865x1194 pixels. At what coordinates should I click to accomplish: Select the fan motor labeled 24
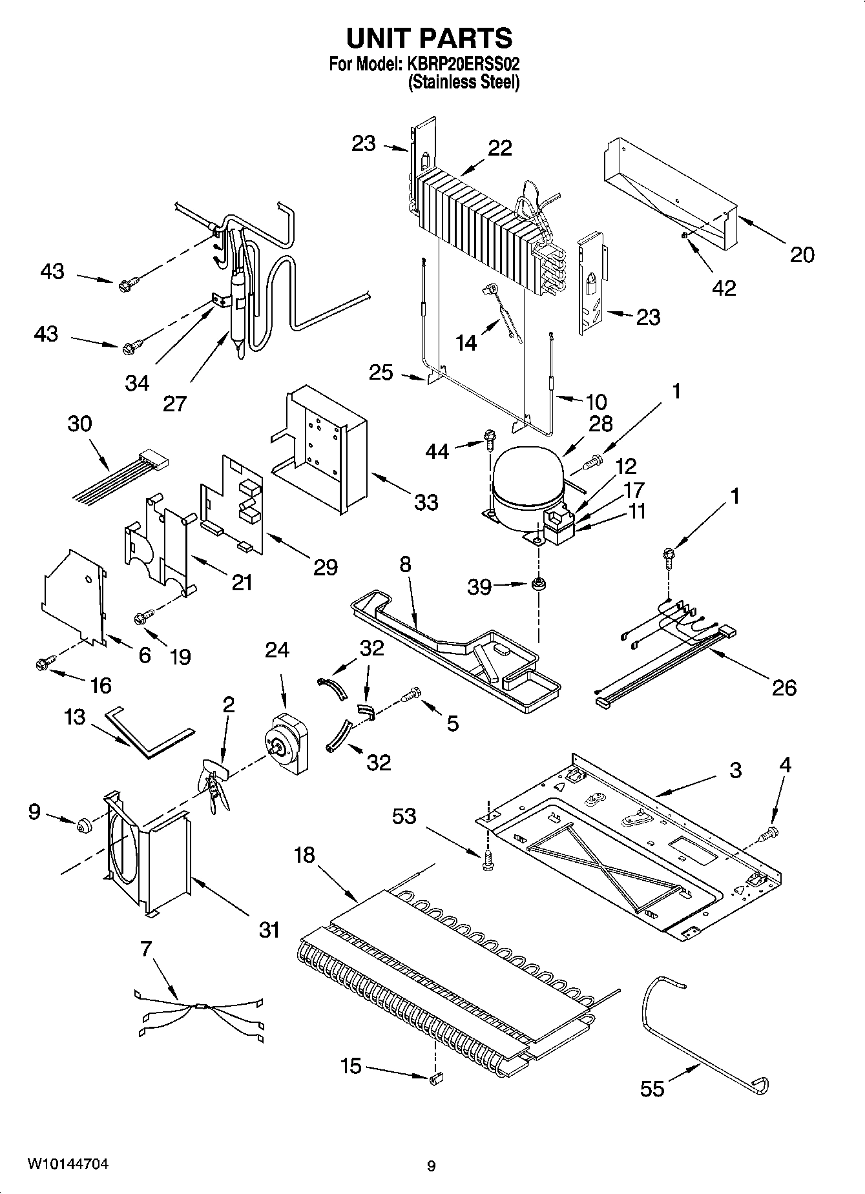[x=287, y=743]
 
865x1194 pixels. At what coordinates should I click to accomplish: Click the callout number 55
[x=652, y=1089]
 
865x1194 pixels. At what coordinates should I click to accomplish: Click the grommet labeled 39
[x=537, y=585]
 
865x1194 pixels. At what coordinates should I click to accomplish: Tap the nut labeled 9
[x=83, y=825]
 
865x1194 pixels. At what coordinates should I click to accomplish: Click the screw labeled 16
[x=45, y=662]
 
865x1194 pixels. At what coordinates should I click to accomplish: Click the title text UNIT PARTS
[x=430, y=38]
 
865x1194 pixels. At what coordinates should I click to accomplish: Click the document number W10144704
[x=67, y=1164]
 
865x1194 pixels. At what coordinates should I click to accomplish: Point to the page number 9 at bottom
[x=431, y=1166]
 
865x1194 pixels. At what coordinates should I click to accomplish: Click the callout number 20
[x=802, y=255]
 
